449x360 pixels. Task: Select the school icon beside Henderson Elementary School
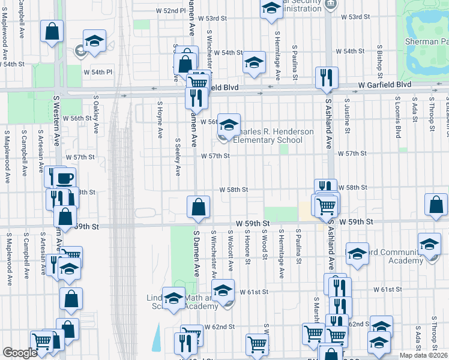(x=228, y=125)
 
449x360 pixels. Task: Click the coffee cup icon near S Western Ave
(x=64, y=178)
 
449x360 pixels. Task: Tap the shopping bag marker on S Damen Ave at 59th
(x=198, y=208)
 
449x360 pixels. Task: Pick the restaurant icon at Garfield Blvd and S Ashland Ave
(x=327, y=78)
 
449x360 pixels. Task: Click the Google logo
(x=20, y=353)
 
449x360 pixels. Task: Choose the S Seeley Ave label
(x=178, y=157)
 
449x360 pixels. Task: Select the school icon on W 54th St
(x=254, y=62)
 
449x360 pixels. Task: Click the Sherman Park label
(x=436, y=41)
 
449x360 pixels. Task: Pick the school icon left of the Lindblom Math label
(x=174, y=298)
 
